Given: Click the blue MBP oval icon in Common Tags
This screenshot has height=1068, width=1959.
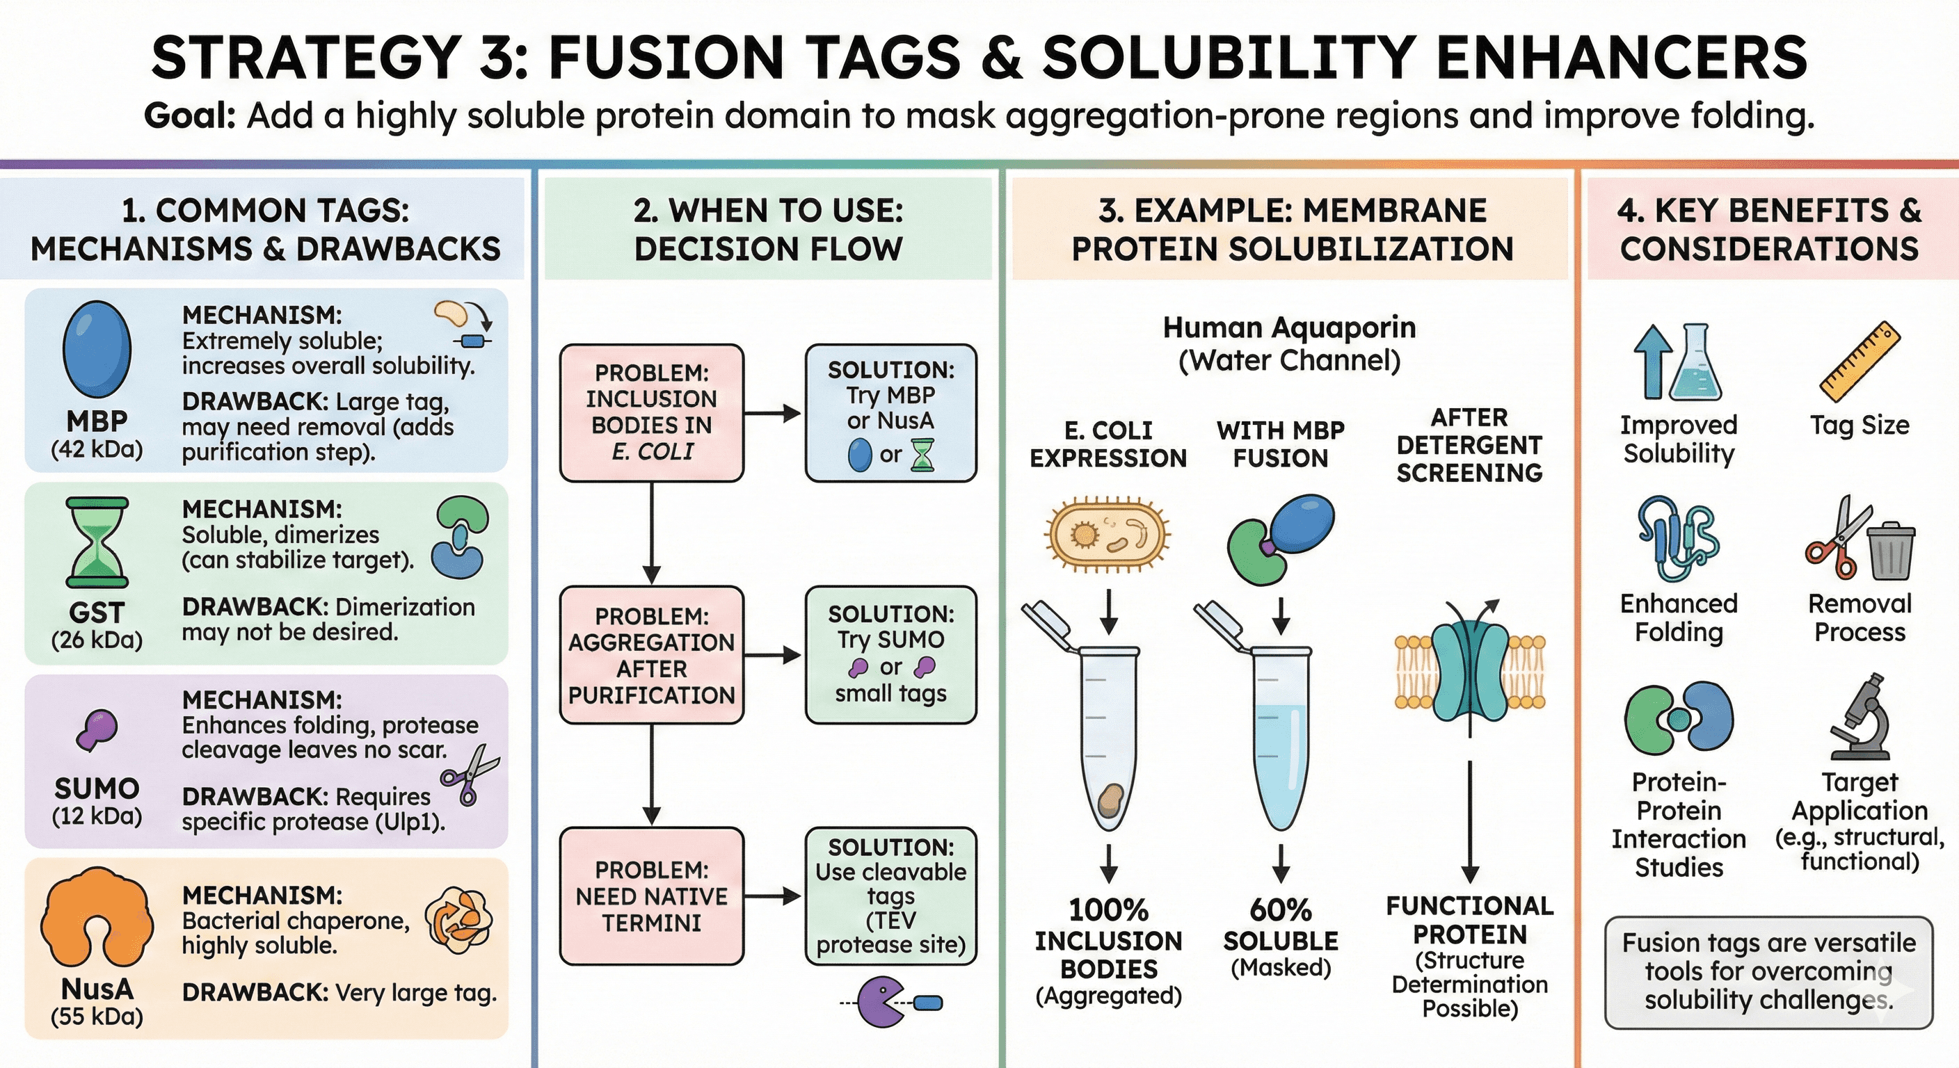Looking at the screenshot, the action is [x=97, y=350].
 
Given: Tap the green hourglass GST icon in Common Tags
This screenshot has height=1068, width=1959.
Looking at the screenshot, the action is [x=97, y=542].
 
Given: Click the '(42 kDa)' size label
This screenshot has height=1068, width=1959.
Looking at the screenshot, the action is [x=97, y=449].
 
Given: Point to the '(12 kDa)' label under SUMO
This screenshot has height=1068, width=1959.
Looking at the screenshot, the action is [x=97, y=816].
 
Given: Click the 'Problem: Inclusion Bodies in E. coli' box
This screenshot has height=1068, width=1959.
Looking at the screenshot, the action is [x=652, y=413].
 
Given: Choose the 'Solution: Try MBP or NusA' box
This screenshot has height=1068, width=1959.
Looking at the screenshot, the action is [x=890, y=413].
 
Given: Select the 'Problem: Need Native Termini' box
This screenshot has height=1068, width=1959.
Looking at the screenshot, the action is [x=652, y=896].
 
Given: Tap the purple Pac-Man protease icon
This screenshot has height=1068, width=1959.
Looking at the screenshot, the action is [x=880, y=1002].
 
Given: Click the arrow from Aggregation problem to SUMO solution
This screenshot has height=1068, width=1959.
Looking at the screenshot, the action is [x=773, y=655].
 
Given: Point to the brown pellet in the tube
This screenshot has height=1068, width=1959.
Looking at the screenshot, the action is [x=1110, y=799].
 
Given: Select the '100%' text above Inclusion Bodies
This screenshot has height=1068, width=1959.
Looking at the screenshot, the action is [x=1108, y=910].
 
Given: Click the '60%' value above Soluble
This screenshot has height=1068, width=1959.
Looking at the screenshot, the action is [x=1281, y=910].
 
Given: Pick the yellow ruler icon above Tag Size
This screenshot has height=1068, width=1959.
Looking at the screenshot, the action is [x=1860, y=361].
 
